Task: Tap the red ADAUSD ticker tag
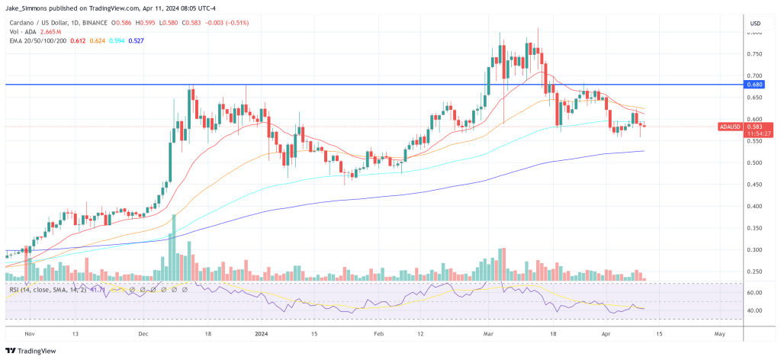pos(731,126)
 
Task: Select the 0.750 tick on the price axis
pos(755,54)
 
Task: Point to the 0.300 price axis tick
pos(755,249)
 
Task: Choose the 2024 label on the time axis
pos(262,333)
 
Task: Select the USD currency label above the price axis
pos(756,24)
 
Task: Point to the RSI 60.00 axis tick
pos(756,292)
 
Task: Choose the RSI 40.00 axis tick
pos(756,310)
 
